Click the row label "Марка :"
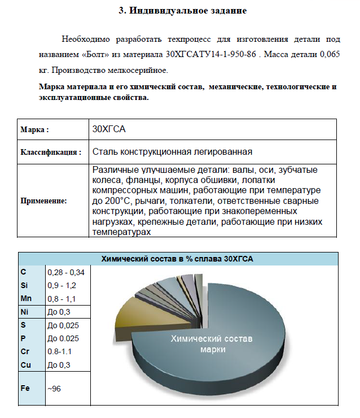coord(35,129)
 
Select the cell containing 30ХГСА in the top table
coord(108,129)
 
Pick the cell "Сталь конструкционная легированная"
coord(172,151)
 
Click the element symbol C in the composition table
coord(23,272)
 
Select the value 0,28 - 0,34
coord(66,272)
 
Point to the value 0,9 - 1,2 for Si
coord(62,285)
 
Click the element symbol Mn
coord(26,298)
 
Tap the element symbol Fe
coord(25,389)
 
